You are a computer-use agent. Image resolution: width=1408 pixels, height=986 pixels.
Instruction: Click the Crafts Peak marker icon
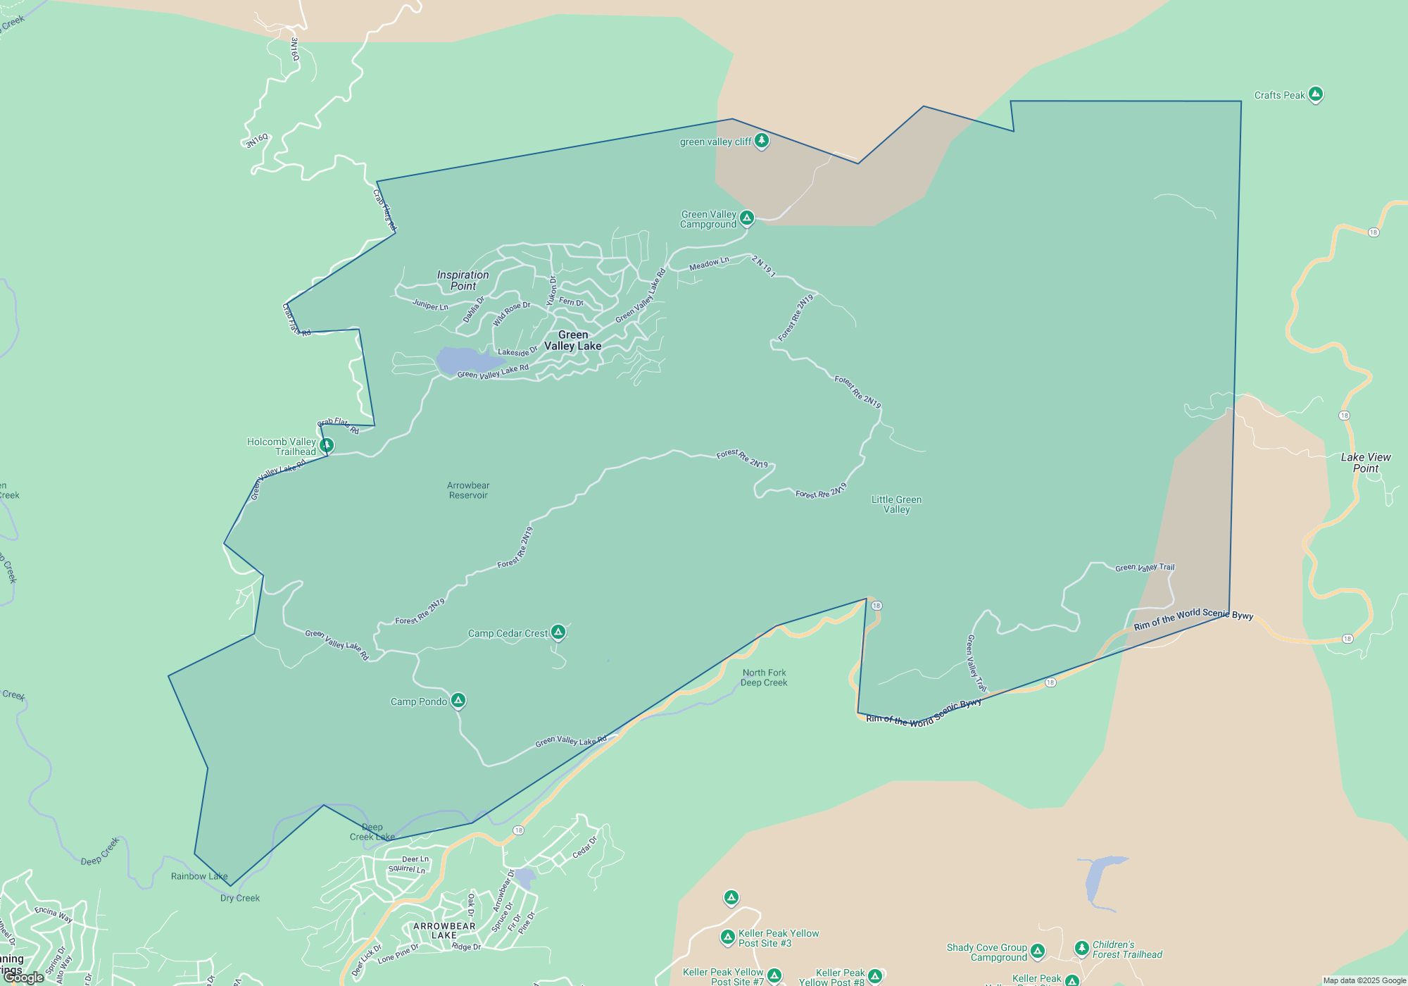pyautogui.click(x=1315, y=94)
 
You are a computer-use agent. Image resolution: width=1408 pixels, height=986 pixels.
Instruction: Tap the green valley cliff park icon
pyautogui.click(x=761, y=141)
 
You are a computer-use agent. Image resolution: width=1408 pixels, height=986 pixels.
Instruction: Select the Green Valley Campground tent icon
pyautogui.click(x=747, y=218)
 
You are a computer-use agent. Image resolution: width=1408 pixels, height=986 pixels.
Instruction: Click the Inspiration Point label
pyautogui.click(x=463, y=280)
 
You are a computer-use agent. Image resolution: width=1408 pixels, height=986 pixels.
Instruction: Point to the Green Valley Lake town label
pyautogui.click(x=572, y=340)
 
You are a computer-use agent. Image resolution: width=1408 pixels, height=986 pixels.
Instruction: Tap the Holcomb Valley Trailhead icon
pyautogui.click(x=327, y=445)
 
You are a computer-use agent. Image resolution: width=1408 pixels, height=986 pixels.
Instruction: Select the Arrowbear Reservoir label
pyautogui.click(x=468, y=490)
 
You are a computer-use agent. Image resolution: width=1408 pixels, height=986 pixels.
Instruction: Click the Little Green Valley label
pyautogui.click(x=896, y=504)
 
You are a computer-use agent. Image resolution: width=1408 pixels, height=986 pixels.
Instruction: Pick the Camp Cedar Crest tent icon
pyautogui.click(x=558, y=632)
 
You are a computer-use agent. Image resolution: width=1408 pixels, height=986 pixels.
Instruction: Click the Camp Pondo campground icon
pyautogui.click(x=458, y=700)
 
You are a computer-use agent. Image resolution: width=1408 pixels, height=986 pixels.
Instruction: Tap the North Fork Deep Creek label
pyautogui.click(x=764, y=678)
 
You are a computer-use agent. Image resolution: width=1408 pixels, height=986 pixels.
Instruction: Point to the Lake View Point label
pyautogui.click(x=1366, y=463)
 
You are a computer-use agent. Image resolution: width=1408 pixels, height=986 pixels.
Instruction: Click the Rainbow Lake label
pyautogui.click(x=199, y=876)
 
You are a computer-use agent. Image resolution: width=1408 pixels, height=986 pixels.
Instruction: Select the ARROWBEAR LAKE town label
pyautogui.click(x=444, y=930)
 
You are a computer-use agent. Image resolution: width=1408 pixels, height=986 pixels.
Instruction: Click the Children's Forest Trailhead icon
pyautogui.click(x=1082, y=948)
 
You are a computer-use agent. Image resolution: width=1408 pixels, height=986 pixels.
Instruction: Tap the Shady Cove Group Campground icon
pyautogui.click(x=1038, y=951)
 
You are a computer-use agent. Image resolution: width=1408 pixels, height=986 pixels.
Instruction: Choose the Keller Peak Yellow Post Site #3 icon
pyautogui.click(x=728, y=937)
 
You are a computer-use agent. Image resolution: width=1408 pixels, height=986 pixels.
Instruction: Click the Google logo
pyautogui.click(x=25, y=977)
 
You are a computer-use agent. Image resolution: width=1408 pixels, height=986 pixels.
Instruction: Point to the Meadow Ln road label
pyautogui.click(x=709, y=263)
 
